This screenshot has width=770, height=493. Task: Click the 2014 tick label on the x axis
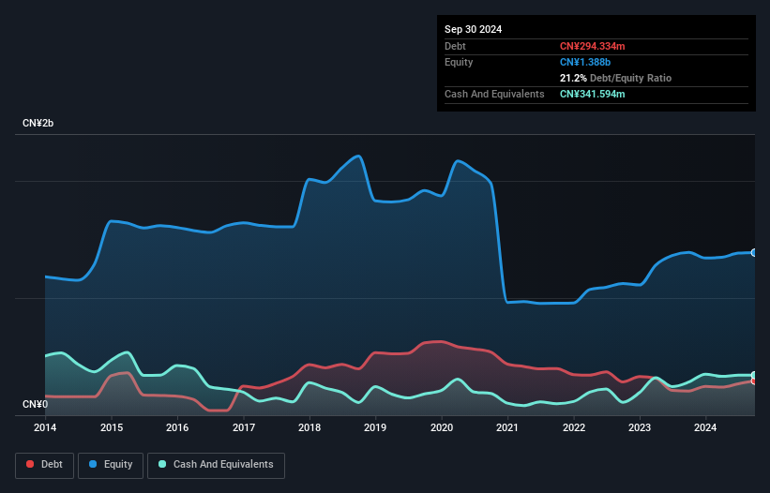click(x=45, y=427)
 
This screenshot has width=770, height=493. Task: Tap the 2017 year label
click(x=244, y=427)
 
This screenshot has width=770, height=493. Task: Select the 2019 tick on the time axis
click(x=375, y=427)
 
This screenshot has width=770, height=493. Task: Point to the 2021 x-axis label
click(x=507, y=427)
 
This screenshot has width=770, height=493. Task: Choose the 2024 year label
click(x=705, y=427)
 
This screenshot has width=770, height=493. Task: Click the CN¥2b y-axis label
click(x=38, y=123)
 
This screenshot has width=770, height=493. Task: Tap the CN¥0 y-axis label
click(x=35, y=404)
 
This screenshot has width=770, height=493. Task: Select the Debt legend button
click(x=45, y=465)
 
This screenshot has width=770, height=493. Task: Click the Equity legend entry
click(x=111, y=465)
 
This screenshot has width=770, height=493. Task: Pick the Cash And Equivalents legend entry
click(x=216, y=465)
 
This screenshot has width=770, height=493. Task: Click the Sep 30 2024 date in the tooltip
click(x=473, y=29)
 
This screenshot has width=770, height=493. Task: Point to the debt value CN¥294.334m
click(x=592, y=46)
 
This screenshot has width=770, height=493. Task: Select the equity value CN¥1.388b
click(x=585, y=62)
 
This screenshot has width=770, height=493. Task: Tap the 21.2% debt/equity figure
click(x=573, y=78)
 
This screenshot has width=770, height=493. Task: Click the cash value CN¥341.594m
click(x=592, y=94)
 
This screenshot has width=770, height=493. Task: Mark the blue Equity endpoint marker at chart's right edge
click(x=754, y=253)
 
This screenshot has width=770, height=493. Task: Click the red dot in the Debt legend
click(x=30, y=464)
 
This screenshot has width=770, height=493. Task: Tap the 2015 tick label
click(x=112, y=427)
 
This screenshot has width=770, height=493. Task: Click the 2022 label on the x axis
click(x=574, y=427)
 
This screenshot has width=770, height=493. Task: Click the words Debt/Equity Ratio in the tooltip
click(x=630, y=78)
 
